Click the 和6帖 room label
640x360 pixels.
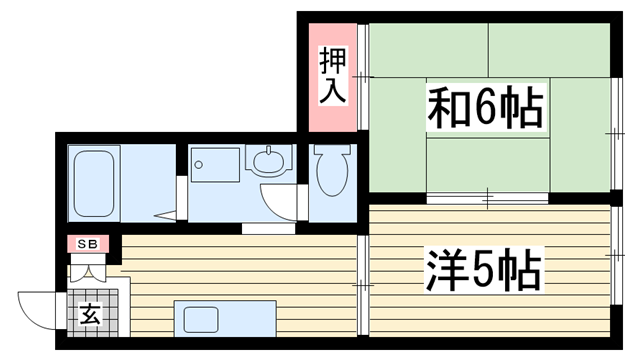tap(486, 107)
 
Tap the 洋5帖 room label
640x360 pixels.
tap(484, 269)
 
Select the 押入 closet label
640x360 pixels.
tap(333, 76)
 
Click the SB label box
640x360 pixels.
tap(88, 244)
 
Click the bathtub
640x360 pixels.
tap(93, 183)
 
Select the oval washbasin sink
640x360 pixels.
tap(268, 161)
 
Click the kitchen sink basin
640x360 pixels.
tap(201, 320)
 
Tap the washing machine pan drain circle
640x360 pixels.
tap(199, 165)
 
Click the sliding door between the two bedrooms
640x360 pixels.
tap(487, 198)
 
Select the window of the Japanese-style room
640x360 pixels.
tap(617, 133)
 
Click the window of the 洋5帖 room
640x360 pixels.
tap(617, 256)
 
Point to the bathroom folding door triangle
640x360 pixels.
tap(165, 216)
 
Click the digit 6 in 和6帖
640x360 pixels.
tap(484, 107)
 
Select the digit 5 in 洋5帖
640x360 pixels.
tap(482, 269)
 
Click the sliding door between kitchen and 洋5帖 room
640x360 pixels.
tap(363, 285)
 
